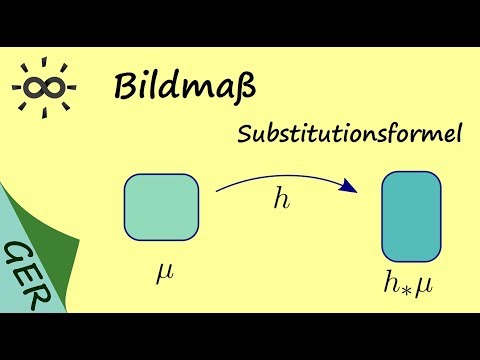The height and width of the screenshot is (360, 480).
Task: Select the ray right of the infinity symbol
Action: click(72, 88)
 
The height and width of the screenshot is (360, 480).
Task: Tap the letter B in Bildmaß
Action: click(126, 87)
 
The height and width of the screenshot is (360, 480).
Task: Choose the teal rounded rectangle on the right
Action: click(411, 217)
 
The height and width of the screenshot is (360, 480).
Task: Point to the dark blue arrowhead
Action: click(349, 185)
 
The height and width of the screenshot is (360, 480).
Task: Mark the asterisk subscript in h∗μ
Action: click(411, 291)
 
